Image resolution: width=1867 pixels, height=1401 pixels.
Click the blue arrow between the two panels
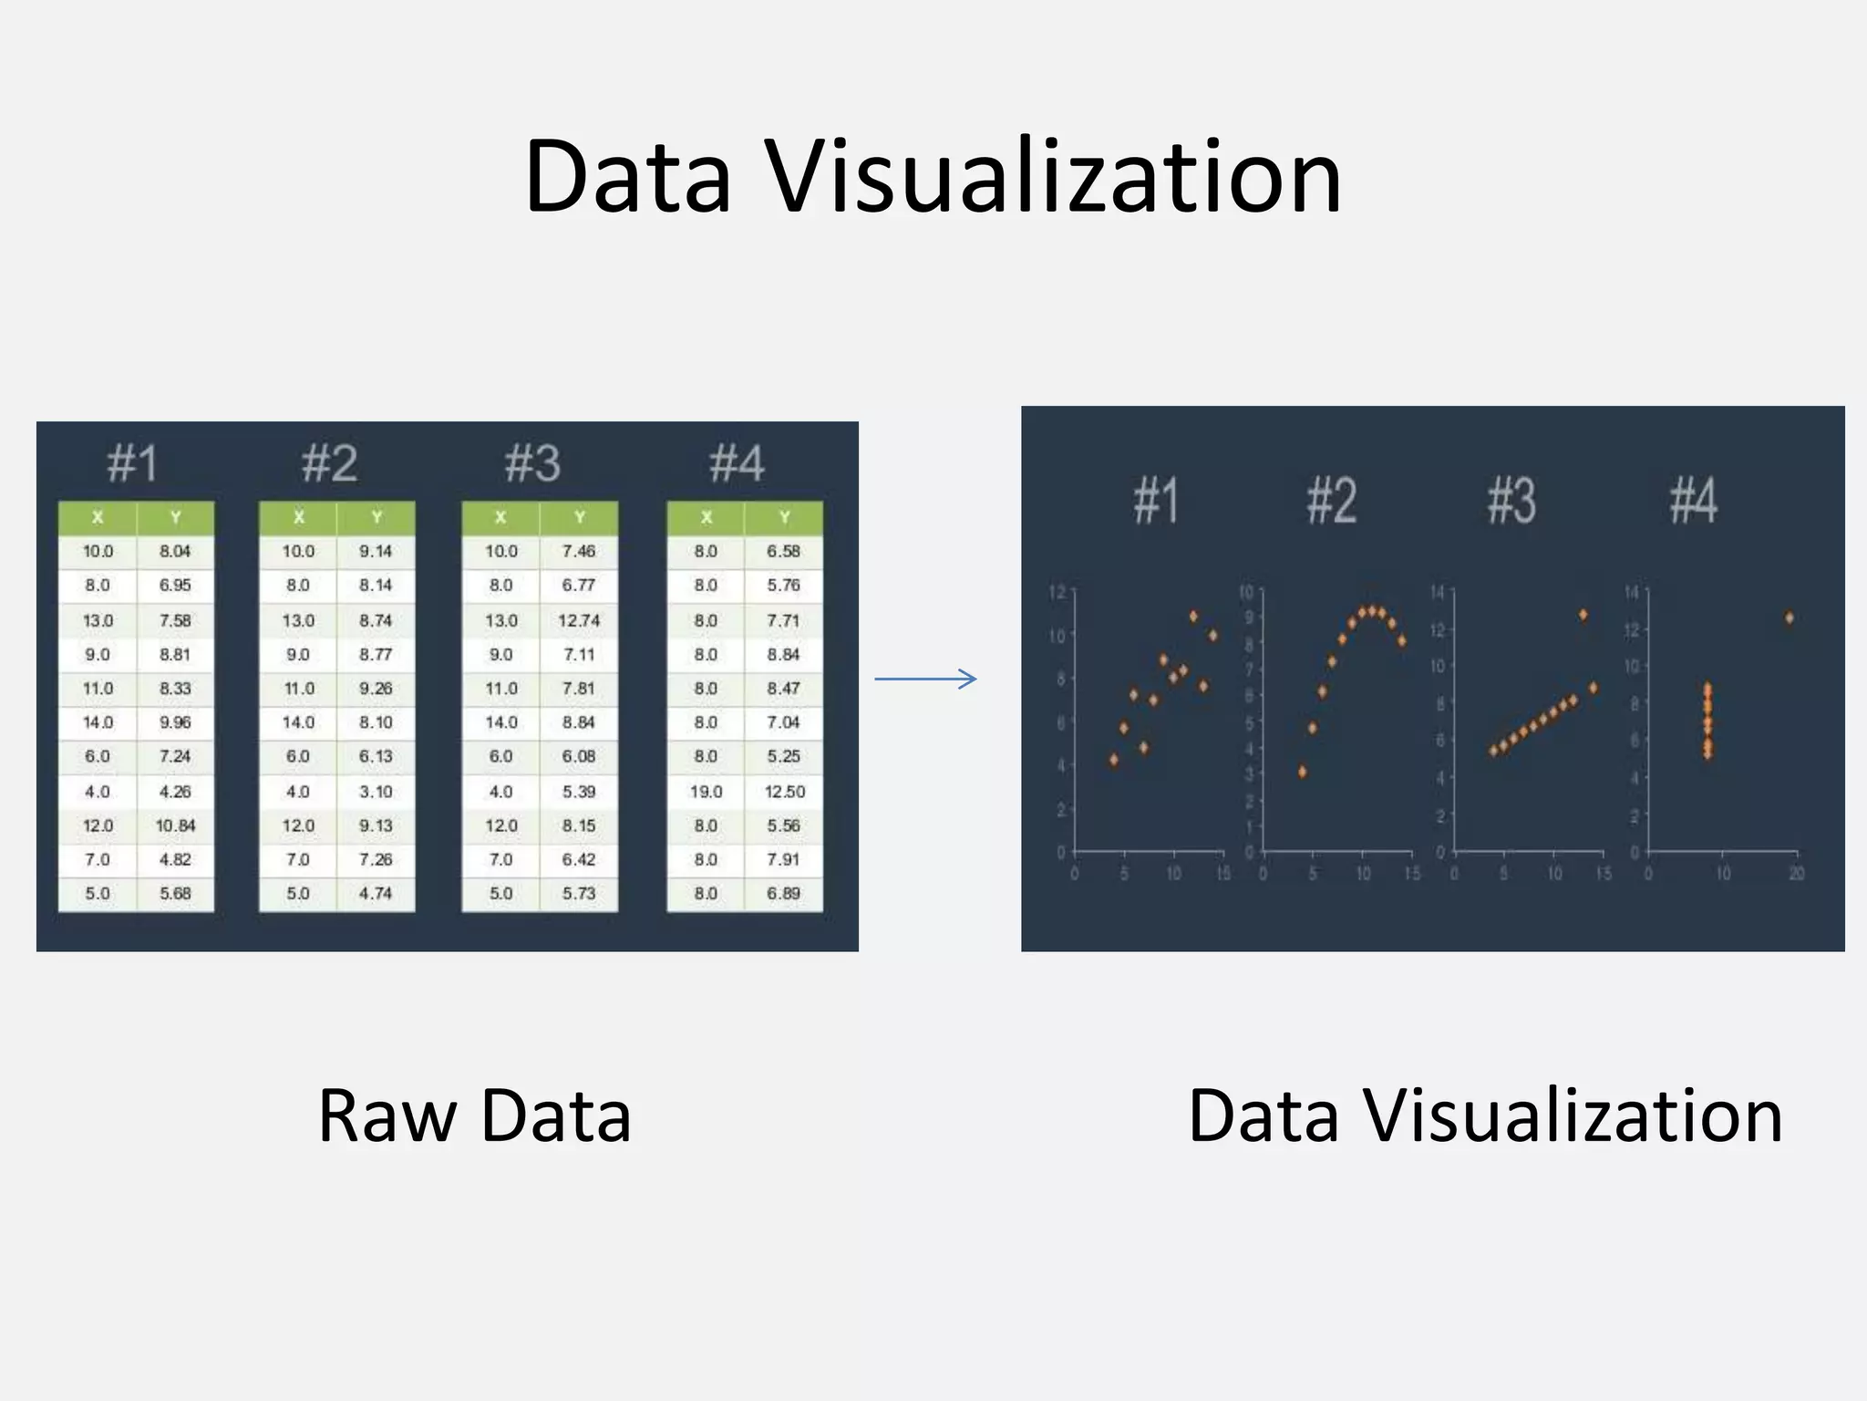pos(925,679)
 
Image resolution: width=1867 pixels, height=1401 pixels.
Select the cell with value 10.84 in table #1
pos(175,825)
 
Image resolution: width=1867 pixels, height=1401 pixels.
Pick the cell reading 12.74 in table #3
pos(579,620)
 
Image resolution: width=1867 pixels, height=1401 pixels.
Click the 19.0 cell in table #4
pos(706,792)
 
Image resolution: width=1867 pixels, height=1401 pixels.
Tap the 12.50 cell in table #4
pos(784,792)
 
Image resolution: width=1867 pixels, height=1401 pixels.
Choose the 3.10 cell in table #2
pos(376,792)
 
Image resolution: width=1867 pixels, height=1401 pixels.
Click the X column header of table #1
pos(98,517)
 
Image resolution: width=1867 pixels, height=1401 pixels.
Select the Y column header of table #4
pos(784,517)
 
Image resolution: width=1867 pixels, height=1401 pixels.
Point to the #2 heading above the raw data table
pos(329,463)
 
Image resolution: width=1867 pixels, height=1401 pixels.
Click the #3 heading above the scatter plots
pos(1511,501)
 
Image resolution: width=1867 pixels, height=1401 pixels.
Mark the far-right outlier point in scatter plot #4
pos(1790,618)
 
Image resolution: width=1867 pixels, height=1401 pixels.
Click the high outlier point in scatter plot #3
pos(1583,616)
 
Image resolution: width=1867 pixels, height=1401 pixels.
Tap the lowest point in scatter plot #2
pos(1303,772)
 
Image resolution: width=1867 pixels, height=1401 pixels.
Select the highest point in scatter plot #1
pos(1193,617)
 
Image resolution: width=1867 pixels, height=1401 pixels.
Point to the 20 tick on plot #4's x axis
pos(1797,874)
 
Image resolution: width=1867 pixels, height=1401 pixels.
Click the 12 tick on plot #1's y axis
pos(1057,593)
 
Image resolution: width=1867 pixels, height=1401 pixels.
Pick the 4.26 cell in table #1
pos(175,792)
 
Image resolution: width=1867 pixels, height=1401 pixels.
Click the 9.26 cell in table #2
pos(376,689)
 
